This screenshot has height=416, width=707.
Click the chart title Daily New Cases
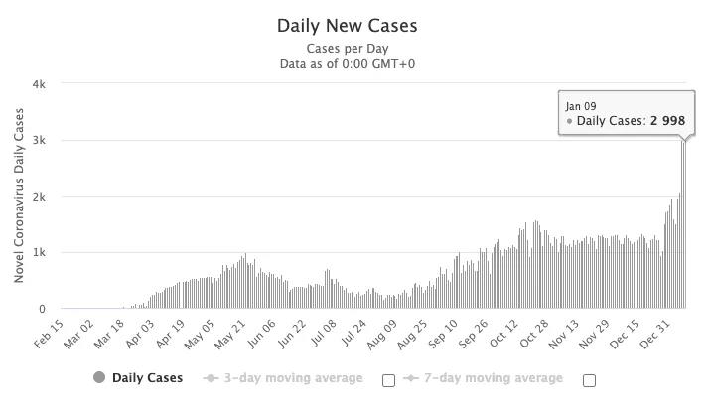click(x=348, y=26)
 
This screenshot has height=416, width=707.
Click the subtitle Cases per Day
click(x=348, y=48)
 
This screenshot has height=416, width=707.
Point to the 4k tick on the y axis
click(x=39, y=84)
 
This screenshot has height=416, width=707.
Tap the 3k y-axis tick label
click(x=39, y=141)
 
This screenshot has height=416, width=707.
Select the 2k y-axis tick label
click(x=39, y=197)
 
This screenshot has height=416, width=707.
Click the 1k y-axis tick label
click(x=39, y=253)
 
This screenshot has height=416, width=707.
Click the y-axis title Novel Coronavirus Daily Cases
click(x=19, y=197)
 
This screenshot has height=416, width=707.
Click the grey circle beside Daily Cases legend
click(x=98, y=378)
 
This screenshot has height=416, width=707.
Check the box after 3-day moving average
click(x=388, y=379)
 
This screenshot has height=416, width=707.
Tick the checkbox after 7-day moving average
click(x=589, y=379)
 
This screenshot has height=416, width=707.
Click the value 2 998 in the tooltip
click(x=667, y=121)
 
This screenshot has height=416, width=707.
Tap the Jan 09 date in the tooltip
click(x=581, y=105)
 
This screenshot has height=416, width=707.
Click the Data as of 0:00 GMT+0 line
click(x=348, y=64)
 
